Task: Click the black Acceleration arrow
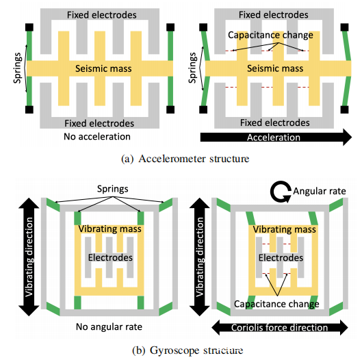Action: pyautogui.click(x=276, y=138)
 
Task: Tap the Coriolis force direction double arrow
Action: pyautogui.click(x=280, y=327)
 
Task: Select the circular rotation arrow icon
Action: pyautogui.click(x=281, y=192)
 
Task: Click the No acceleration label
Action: pyautogui.click(x=97, y=137)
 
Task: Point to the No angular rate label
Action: pyautogui.click(x=109, y=327)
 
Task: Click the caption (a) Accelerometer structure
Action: pyautogui.click(x=185, y=159)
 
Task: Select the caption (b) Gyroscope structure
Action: pyautogui.click(x=188, y=350)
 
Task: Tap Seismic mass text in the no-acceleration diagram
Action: pyautogui.click(x=103, y=68)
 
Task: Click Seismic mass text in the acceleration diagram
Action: pyautogui.click(x=275, y=68)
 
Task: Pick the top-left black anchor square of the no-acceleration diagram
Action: pyautogui.click(x=29, y=27)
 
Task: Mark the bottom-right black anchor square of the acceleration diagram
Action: pyautogui.click(x=344, y=110)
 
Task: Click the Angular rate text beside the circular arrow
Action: pyautogui.click(x=320, y=191)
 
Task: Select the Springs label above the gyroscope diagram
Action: pyautogui.click(x=113, y=189)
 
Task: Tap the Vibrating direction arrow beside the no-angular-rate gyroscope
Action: pyautogui.click(x=29, y=257)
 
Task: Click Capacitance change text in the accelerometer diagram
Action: pyautogui.click(x=270, y=35)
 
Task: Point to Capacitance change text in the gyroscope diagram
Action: pyautogui.click(x=276, y=304)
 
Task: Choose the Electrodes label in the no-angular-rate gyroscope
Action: pyautogui.click(x=110, y=257)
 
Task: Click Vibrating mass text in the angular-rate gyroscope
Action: pyautogui.click(x=285, y=229)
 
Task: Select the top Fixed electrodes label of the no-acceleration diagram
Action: pyautogui.click(x=102, y=15)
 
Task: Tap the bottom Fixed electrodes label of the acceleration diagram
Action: pyautogui.click(x=275, y=123)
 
